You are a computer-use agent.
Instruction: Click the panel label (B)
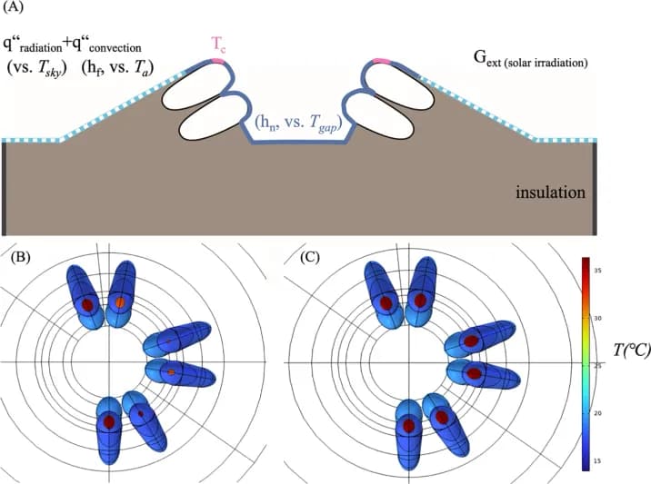(x=20, y=257)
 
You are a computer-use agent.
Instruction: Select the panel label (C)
(x=310, y=257)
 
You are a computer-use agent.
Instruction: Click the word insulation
(x=549, y=193)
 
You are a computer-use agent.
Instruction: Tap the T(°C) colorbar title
(x=628, y=351)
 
